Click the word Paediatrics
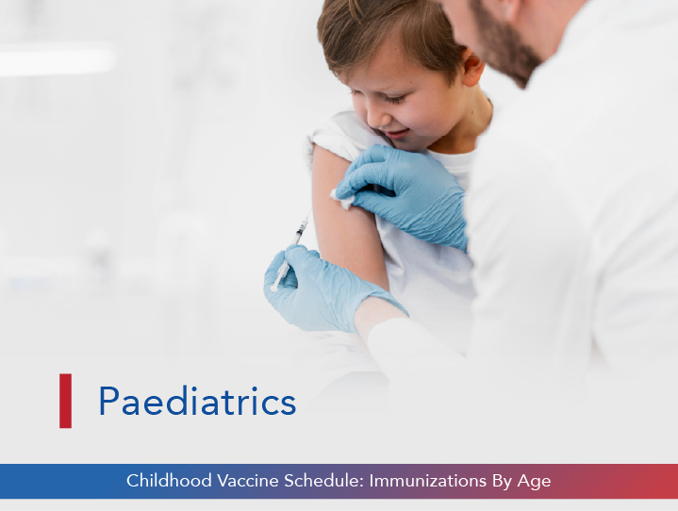click(x=197, y=402)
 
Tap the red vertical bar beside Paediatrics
click(x=65, y=401)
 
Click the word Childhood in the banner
click(x=166, y=481)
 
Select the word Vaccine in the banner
click(x=245, y=481)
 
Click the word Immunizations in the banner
click(x=425, y=481)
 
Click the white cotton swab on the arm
click(x=341, y=197)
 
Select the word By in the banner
click(x=496, y=481)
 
